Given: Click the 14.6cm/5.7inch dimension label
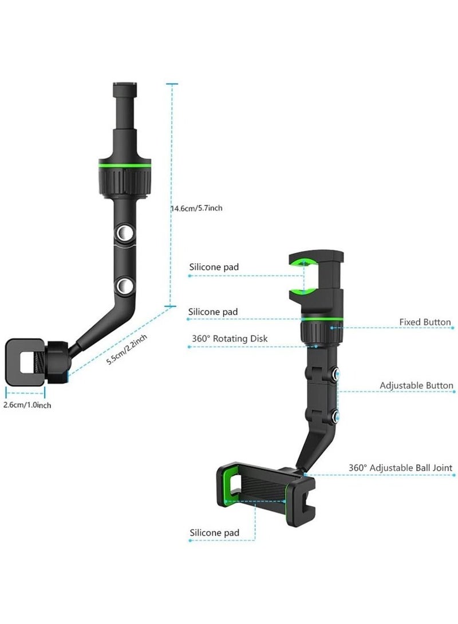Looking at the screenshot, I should (x=196, y=208).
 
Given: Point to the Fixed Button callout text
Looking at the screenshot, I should (x=425, y=323).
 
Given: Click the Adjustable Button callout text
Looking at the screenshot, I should (x=416, y=386).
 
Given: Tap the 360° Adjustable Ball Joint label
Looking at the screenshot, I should (x=400, y=468).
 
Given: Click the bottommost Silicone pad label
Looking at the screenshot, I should (x=214, y=533).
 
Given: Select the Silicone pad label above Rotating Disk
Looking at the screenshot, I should (x=213, y=312).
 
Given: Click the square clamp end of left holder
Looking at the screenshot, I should (x=25, y=361).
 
